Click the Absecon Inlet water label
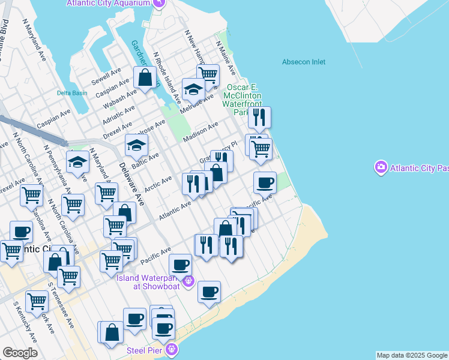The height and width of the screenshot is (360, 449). point(304,62)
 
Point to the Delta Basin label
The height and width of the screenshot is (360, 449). point(72,93)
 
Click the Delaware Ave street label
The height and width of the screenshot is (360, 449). point(131,184)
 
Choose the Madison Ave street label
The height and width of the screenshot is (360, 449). point(201,133)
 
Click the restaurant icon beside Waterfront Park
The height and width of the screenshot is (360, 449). point(259,117)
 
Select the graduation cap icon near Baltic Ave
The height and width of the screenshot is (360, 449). point(136,145)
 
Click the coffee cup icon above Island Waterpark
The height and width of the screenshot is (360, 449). point(180,264)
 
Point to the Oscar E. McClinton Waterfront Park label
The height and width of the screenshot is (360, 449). point(244,100)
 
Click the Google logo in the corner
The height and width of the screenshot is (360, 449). point(20,352)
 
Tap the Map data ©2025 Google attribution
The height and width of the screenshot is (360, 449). point(412,355)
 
